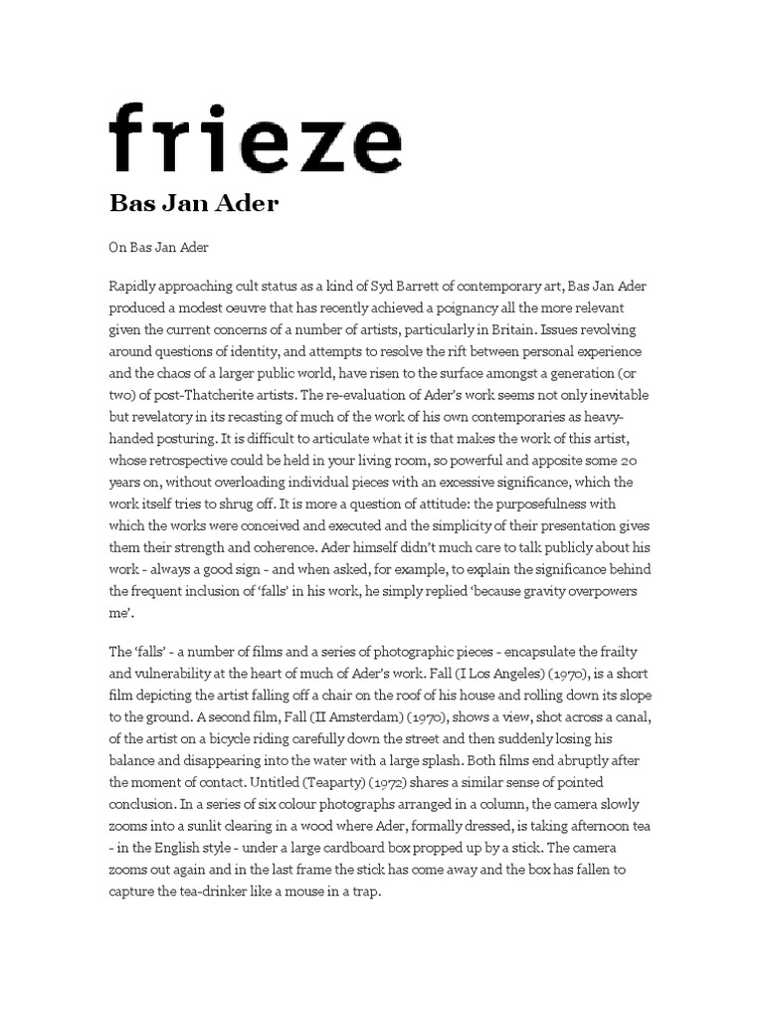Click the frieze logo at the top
tap(255, 138)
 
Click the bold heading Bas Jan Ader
tap(193, 204)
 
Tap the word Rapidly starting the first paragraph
tap(135, 287)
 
